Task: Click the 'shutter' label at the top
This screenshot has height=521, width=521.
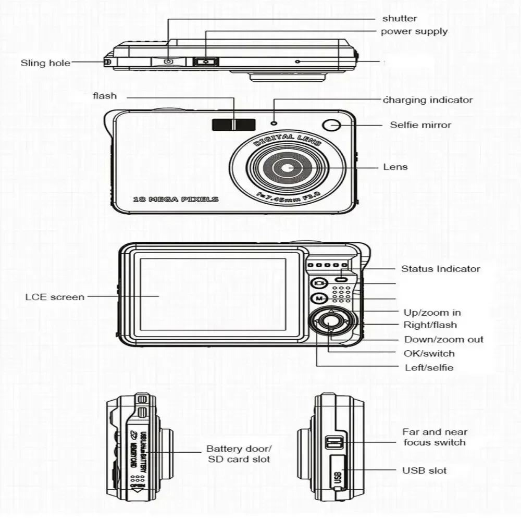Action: click(x=400, y=19)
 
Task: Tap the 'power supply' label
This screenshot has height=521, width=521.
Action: click(x=414, y=31)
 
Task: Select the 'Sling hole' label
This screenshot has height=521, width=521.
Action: click(x=45, y=63)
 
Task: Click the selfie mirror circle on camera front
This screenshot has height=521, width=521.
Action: click(x=331, y=125)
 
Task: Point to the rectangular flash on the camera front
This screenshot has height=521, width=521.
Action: click(x=233, y=125)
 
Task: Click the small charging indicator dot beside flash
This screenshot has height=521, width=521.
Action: click(x=274, y=123)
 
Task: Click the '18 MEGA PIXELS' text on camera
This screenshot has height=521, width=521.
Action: click(x=176, y=199)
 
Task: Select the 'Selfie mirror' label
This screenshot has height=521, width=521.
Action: click(x=420, y=125)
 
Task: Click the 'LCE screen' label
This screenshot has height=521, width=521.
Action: click(x=55, y=297)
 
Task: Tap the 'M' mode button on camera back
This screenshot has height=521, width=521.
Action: click(x=318, y=299)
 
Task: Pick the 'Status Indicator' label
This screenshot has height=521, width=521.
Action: click(x=440, y=269)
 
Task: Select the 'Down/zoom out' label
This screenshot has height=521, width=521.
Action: click(x=444, y=339)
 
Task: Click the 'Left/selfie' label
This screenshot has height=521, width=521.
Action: click(x=429, y=367)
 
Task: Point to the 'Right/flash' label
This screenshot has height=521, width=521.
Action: click(x=430, y=325)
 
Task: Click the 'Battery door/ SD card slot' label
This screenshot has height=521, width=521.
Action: click(x=239, y=454)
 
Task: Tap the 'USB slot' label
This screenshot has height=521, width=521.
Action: click(x=424, y=470)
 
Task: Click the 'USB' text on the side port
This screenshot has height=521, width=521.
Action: click(x=337, y=476)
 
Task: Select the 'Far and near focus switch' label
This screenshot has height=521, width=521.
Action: click(x=434, y=437)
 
